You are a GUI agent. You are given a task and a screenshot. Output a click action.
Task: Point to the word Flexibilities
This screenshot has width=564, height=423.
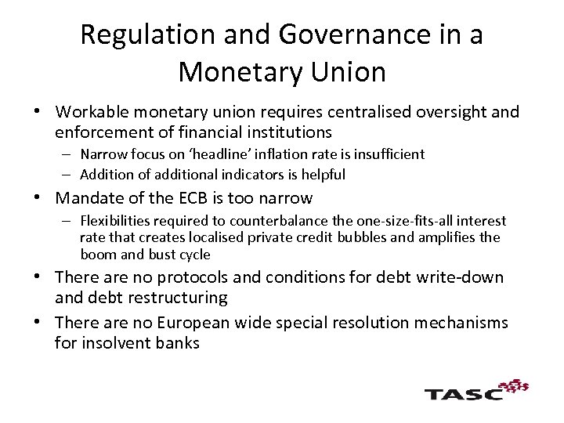117,222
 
